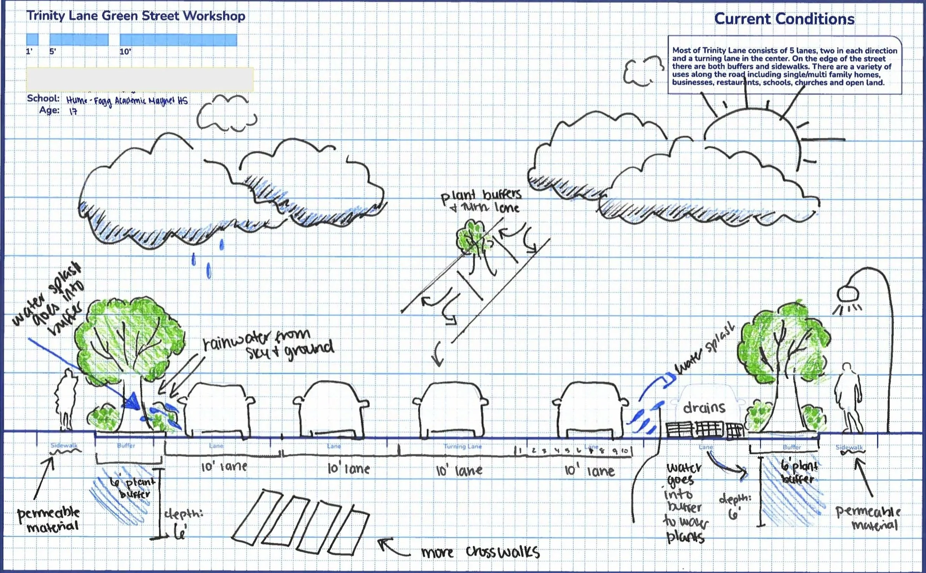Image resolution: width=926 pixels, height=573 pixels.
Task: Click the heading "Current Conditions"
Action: pyautogui.click(x=784, y=19)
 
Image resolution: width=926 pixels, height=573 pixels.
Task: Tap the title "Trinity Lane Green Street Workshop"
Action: pyautogui.click(x=135, y=16)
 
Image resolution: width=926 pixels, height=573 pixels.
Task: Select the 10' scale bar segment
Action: pyautogui.click(x=178, y=40)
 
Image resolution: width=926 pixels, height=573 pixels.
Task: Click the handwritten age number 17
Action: pyautogui.click(x=73, y=111)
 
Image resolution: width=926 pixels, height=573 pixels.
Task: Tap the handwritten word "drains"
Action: pyautogui.click(x=704, y=408)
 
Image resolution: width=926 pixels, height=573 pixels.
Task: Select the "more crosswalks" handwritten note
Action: pyautogui.click(x=481, y=552)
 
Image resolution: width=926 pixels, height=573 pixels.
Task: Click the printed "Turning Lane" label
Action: pyautogui.click(x=463, y=446)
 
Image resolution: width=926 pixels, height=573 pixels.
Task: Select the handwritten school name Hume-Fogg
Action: pyautogui.click(x=126, y=100)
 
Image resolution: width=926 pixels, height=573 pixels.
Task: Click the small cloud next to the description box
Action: pyautogui.click(x=642, y=70)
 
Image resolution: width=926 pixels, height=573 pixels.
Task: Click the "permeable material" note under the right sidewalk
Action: pyautogui.click(x=868, y=518)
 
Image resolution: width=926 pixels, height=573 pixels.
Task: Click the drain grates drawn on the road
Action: pyautogui.click(x=704, y=429)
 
